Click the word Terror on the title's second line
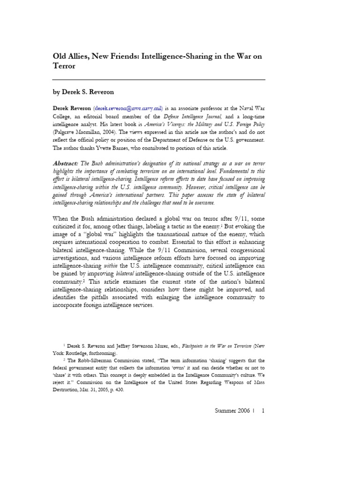tap(64, 67)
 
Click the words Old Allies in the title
tap(70, 56)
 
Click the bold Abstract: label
tap(66, 163)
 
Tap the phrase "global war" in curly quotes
tap(105, 233)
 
